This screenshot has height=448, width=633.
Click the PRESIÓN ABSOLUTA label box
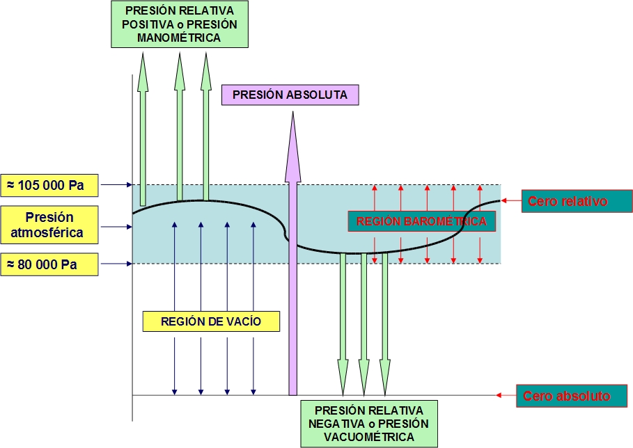coord(290,95)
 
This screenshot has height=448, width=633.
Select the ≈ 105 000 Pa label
coord(49,185)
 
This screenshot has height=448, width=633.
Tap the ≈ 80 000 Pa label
coord(49,264)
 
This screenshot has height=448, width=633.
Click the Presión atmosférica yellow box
coord(49,225)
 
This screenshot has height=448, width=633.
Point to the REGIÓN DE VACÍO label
coord(211,321)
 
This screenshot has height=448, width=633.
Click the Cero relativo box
coord(568,202)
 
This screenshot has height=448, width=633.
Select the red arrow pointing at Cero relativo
coord(512,201)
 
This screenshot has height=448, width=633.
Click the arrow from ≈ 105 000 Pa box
coord(115,185)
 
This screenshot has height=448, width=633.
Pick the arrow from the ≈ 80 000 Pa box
coord(115,264)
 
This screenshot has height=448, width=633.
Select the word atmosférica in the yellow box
coord(49,232)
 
